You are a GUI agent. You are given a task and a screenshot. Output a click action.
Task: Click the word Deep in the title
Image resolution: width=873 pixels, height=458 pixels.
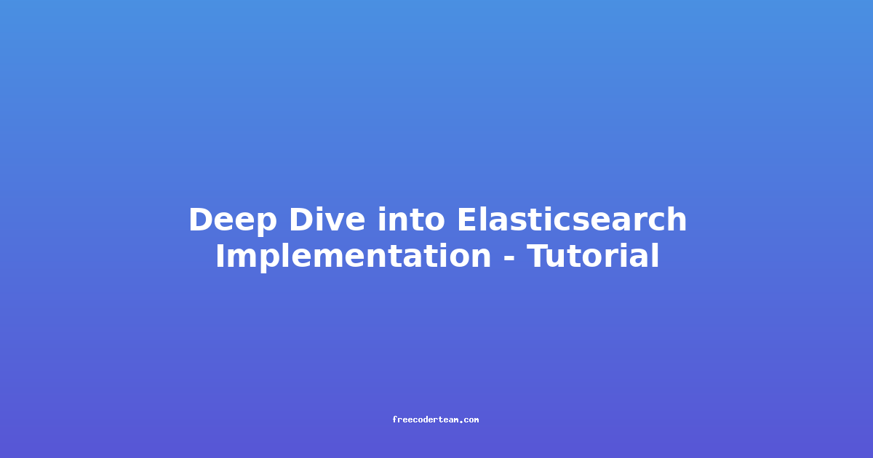point(233,221)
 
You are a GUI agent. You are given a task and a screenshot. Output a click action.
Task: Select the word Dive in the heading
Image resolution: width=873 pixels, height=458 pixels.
point(327,220)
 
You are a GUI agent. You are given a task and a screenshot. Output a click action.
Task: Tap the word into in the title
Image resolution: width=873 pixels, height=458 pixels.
point(411,220)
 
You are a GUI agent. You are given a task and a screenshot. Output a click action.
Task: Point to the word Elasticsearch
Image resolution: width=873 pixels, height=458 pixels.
point(572,220)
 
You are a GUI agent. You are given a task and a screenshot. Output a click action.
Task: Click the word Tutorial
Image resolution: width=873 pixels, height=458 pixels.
point(593,255)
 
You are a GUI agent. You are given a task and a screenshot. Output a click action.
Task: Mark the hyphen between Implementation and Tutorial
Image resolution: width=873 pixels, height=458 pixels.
point(509,258)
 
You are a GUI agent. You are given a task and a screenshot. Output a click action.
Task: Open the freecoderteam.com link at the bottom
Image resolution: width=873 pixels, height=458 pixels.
point(435,420)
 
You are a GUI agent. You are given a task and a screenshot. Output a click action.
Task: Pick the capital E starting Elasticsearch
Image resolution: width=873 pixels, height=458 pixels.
point(467,220)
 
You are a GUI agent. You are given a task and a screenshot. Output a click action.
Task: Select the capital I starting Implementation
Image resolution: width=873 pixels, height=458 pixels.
point(220,255)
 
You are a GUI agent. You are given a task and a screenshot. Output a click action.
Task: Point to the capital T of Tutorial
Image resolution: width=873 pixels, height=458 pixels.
point(538,255)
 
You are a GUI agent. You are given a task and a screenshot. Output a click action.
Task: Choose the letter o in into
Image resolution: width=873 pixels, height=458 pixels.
point(435,223)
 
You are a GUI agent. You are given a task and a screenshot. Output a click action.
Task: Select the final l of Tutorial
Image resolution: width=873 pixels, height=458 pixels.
point(655,255)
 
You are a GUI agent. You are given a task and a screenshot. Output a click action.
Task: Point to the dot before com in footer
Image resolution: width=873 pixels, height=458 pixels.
point(461,422)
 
